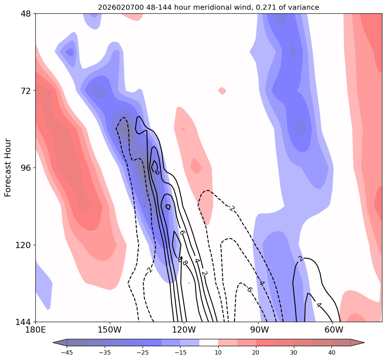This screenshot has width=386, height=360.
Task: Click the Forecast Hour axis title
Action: point(8,168)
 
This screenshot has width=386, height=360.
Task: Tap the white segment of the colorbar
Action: point(209,342)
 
